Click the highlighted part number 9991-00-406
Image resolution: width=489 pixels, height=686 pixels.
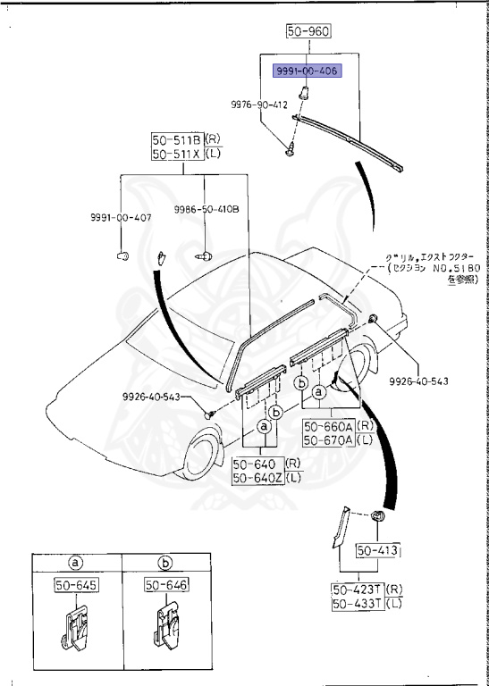click(307, 71)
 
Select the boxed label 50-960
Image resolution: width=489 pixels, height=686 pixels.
click(308, 32)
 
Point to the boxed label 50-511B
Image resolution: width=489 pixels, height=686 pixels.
click(176, 140)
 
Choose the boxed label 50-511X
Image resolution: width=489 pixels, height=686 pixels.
click(176, 155)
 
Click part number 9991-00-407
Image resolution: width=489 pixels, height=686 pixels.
click(120, 218)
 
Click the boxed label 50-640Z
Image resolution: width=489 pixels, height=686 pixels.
click(257, 478)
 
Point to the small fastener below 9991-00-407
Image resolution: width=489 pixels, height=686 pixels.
click(122, 256)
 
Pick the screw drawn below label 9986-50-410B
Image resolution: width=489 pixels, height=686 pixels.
click(204, 255)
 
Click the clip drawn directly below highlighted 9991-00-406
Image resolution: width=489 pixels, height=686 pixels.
click(307, 90)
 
